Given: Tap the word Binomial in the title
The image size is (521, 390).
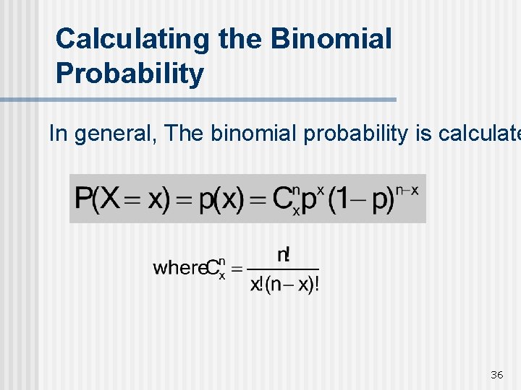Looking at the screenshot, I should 331,38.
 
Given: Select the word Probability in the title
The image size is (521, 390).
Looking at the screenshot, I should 130,74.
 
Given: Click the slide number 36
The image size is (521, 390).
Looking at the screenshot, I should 496,374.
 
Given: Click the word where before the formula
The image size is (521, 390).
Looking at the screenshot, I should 179,267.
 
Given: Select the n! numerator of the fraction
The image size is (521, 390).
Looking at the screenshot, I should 284,255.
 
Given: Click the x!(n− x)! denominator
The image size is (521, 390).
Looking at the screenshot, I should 284,284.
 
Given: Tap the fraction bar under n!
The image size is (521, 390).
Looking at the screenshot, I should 284,269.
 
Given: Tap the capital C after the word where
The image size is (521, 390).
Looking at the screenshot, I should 213,268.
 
